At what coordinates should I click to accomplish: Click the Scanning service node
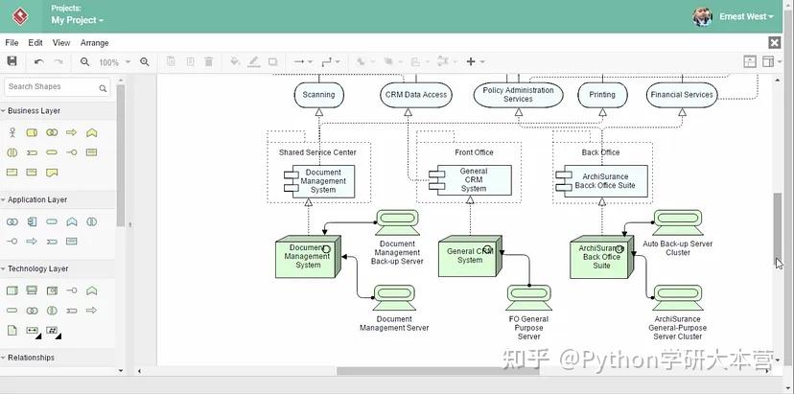coord(318,95)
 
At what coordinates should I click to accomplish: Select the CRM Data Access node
coord(416,95)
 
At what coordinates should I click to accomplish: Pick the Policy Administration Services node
coord(518,95)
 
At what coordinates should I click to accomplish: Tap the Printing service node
coord(602,95)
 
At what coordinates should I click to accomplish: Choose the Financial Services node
coord(682,95)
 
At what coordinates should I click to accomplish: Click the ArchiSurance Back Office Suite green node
coord(601,257)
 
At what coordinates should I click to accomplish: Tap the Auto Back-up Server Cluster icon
coord(678,223)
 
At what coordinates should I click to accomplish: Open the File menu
coord(12,43)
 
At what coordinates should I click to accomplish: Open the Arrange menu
coord(94,43)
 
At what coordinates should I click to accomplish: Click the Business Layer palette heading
coord(34,111)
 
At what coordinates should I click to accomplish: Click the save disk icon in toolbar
coord(12,62)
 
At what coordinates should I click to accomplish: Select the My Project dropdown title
coord(77,20)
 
